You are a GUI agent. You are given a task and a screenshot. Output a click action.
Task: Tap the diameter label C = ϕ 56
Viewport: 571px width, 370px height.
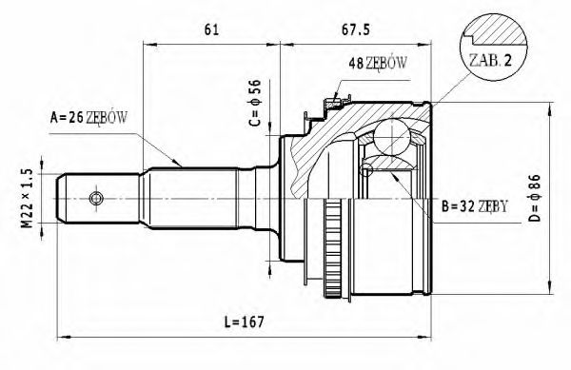[254, 104]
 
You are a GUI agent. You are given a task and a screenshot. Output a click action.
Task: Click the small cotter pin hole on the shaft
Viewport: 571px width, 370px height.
[95, 198]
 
